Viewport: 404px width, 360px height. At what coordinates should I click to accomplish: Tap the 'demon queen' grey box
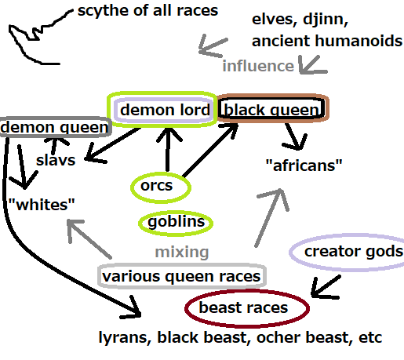click(x=56, y=118)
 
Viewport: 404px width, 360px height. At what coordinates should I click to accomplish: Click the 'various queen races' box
click(x=182, y=266)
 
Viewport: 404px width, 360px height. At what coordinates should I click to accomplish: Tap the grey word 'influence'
click(x=258, y=66)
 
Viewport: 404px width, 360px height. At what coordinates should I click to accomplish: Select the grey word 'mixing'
click(x=182, y=253)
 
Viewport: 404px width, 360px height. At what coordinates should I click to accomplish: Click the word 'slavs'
click(x=56, y=160)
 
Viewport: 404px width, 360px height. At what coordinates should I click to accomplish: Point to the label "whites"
click(x=42, y=205)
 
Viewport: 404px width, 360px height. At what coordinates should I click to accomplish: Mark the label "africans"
click(x=304, y=165)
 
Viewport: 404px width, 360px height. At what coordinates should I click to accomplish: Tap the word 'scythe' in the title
click(x=104, y=12)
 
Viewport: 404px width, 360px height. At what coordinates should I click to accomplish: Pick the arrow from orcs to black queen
click(x=209, y=151)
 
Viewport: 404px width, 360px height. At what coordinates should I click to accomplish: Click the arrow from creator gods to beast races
click(x=326, y=286)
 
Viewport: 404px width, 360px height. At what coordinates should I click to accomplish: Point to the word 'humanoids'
click(x=359, y=41)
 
